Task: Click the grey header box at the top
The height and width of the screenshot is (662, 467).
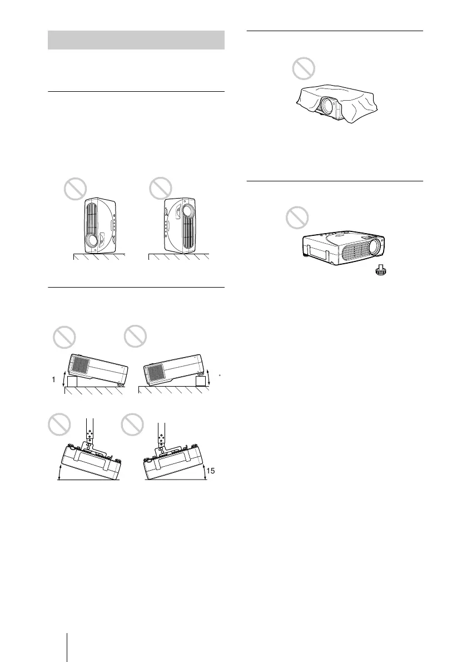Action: point(136,41)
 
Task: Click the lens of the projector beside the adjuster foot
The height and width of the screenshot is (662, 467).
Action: point(375,245)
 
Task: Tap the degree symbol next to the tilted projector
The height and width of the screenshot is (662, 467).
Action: point(220,375)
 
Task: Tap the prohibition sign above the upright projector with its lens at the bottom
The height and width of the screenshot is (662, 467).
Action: point(75,191)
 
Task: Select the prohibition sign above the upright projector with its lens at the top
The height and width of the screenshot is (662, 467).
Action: point(161,191)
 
